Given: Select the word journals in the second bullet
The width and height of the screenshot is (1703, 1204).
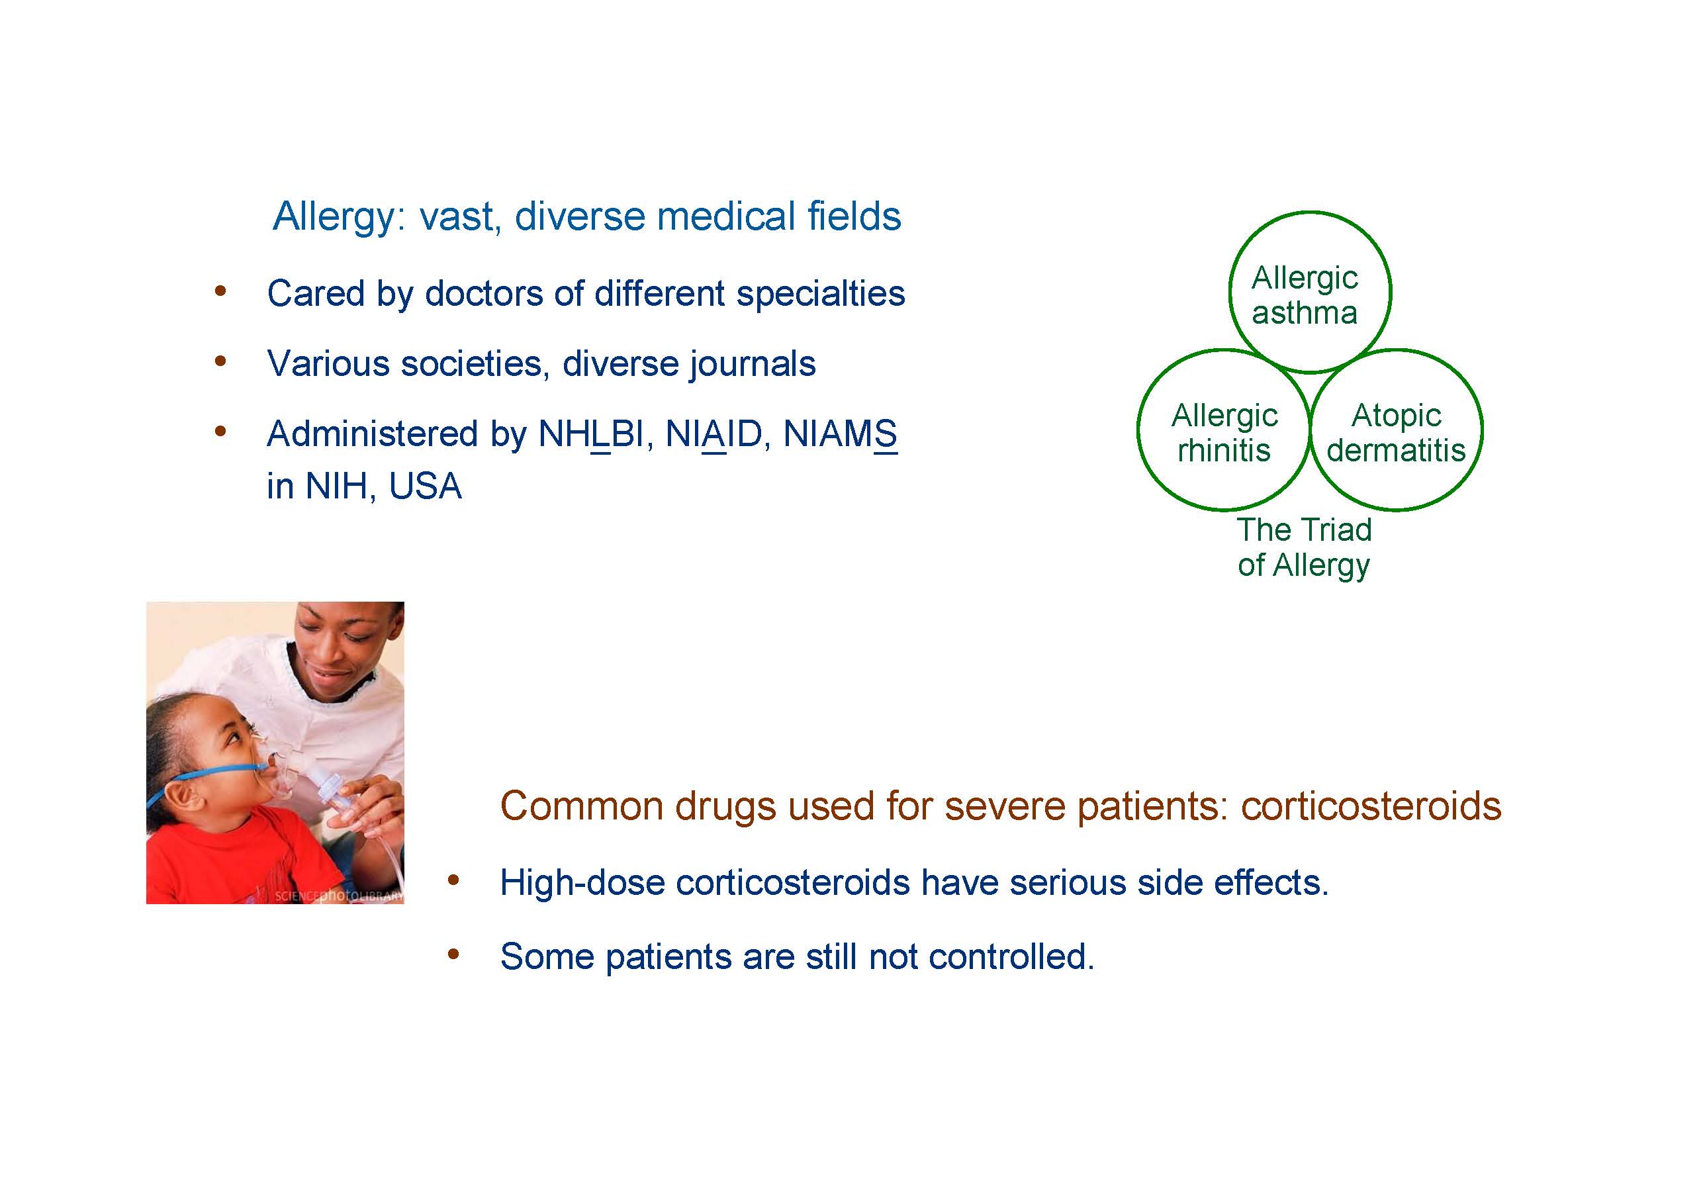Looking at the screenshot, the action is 753,364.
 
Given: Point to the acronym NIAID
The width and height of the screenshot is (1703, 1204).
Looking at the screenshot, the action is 713,434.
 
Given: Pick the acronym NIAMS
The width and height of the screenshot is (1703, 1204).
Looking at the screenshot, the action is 841,434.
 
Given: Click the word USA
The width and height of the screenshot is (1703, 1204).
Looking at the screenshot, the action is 425,486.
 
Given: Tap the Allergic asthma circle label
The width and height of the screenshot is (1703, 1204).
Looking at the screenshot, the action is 1305,295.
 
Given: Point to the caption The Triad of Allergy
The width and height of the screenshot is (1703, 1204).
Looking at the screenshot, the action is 1304,547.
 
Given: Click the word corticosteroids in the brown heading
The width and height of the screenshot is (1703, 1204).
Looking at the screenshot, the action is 1371,806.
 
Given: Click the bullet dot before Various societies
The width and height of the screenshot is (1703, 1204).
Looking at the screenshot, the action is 220,362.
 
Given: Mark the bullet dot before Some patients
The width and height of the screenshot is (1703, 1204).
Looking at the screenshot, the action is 453,954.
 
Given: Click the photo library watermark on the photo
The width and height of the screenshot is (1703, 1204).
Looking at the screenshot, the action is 339,896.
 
